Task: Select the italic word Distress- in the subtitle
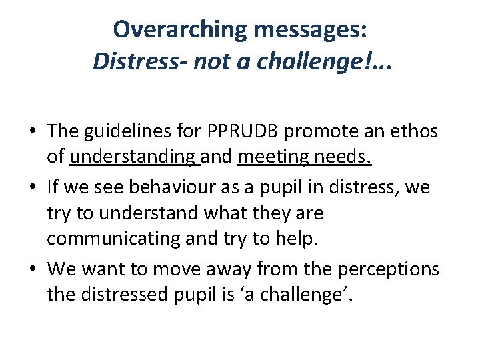(x=141, y=62)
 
